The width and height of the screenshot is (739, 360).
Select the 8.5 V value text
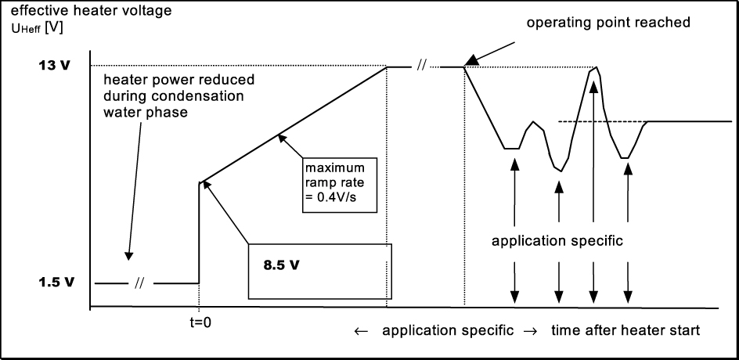coord(279,264)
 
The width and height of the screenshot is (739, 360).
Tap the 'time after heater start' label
coord(626,330)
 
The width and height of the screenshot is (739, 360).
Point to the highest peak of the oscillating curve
coord(597,68)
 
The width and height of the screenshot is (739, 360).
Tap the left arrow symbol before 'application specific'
coord(361,331)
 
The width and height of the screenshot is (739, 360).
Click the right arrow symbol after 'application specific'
coord(531,331)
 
